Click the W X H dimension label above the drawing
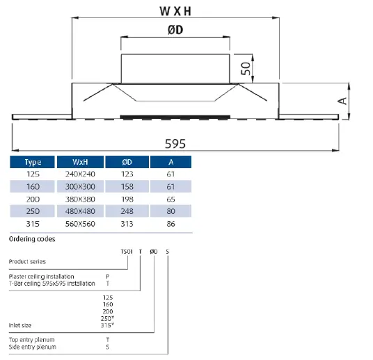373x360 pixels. click(x=175, y=11)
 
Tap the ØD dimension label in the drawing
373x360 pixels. click(x=175, y=30)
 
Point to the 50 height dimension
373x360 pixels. click(x=246, y=68)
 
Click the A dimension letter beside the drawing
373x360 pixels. click(x=342, y=101)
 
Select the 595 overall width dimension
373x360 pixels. click(x=175, y=144)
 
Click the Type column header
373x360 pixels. click(x=33, y=162)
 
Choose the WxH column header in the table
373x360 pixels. click(x=80, y=162)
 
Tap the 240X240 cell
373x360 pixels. click(x=80, y=174)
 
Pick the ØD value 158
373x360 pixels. click(x=127, y=186)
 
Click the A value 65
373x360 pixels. click(x=170, y=199)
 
